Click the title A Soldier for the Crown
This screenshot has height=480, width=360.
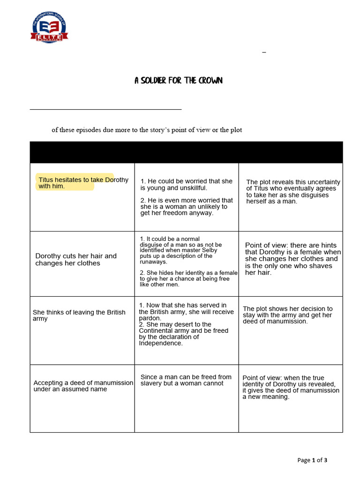pyautogui.click(x=179, y=81)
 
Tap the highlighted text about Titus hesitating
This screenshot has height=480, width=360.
pyautogui.click(x=75, y=183)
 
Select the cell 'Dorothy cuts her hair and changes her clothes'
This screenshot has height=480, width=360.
pyautogui.click(x=76, y=259)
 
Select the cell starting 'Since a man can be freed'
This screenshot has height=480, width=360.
pyautogui.click(x=186, y=380)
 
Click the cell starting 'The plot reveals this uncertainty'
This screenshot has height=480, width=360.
pyautogui.click(x=293, y=191)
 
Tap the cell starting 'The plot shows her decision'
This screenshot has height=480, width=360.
pyautogui.click(x=287, y=315)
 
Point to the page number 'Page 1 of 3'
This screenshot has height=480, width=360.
pyautogui.click(x=312, y=460)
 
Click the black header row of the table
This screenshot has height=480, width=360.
pyautogui.click(x=186, y=152)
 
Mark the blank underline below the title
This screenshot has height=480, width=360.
pyautogui.click(x=105, y=109)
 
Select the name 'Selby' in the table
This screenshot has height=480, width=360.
pyautogui.click(x=210, y=250)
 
